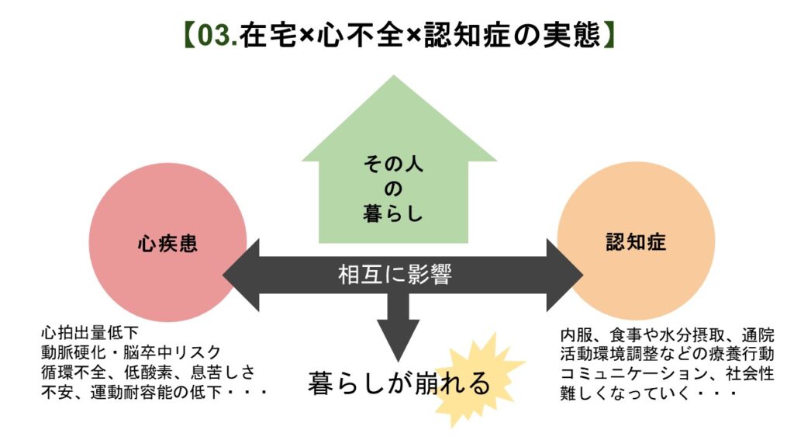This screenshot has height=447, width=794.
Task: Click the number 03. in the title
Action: click(217, 36)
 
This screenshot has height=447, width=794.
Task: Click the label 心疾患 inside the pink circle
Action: click(167, 244)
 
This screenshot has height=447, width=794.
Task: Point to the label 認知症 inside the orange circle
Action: click(636, 241)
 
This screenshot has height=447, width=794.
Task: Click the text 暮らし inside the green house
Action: click(393, 213)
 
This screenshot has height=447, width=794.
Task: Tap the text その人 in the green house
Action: click(393, 164)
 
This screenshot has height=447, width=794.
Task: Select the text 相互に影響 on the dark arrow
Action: click(395, 275)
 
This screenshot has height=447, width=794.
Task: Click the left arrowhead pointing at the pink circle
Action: click(241, 275)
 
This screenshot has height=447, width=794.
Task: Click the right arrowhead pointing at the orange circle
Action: click(565, 275)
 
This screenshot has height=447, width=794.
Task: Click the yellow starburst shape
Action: click(476, 380)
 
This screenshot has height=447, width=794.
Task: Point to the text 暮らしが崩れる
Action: click(399, 383)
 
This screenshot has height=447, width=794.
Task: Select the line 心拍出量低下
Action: click(90, 332)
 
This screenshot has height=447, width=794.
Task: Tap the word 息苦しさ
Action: click(223, 372)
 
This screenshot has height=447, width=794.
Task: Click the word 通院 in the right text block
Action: click(758, 335)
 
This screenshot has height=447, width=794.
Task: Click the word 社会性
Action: click(750, 373)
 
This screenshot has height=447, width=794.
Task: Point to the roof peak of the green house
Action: click(394, 76)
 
